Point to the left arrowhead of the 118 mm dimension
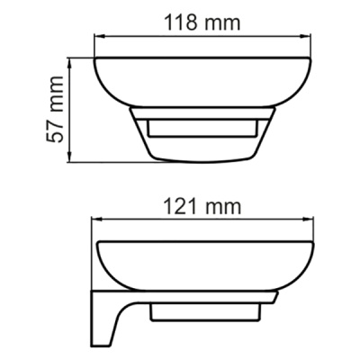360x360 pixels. (100, 38)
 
